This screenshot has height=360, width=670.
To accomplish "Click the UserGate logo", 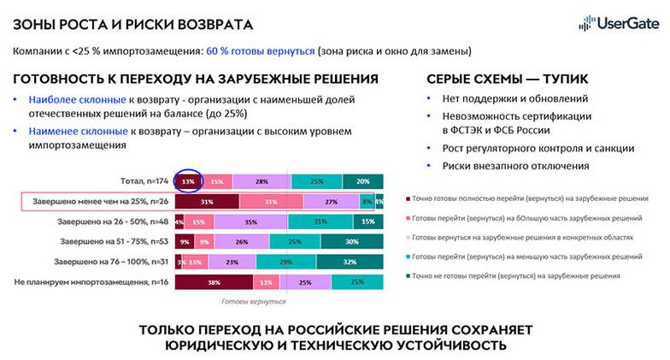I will pos(616,23).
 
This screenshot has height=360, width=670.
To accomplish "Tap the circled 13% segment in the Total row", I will pos(186,181).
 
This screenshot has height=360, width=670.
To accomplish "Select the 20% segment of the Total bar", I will pos(362,181).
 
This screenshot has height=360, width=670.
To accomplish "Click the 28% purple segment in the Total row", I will pos(261,181).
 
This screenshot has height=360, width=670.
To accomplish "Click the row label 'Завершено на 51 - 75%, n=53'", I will pos(111,241).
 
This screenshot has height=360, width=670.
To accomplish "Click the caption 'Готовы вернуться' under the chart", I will pos(253,301).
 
